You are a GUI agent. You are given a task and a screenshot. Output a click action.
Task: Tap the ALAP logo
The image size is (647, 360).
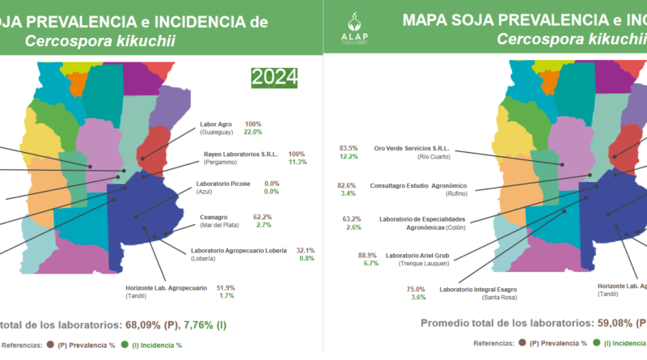353,28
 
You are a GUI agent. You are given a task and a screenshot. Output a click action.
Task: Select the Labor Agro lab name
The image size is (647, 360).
215,125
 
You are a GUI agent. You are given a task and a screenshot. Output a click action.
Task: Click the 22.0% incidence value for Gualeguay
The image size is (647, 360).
253,132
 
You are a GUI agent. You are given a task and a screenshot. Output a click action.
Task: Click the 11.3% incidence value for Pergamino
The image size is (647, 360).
298,162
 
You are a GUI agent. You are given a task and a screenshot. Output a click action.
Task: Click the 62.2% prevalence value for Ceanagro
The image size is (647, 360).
262,217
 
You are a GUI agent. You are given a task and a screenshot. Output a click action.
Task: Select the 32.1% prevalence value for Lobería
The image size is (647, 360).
305,250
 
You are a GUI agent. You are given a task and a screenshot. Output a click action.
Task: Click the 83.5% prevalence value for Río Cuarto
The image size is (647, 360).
349,148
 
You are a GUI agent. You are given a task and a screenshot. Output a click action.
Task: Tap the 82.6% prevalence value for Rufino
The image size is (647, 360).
348,185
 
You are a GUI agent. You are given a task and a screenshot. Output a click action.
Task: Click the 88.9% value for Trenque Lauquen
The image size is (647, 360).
369,255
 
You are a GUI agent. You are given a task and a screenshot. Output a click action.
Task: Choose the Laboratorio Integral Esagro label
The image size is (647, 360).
477,288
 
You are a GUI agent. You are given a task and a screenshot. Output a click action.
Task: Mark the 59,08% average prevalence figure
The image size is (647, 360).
593,324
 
